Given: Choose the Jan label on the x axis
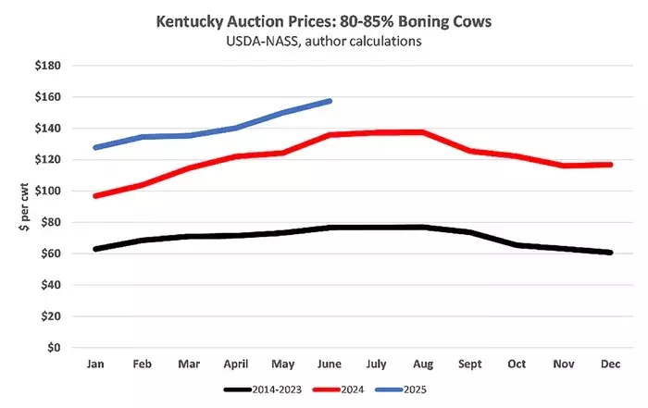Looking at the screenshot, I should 95,365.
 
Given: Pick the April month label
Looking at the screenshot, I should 235,365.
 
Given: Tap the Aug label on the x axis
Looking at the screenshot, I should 423,365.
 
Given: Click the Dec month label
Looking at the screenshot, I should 610,365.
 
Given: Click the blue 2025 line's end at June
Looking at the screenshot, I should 330,101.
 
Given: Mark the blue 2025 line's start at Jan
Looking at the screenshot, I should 95,147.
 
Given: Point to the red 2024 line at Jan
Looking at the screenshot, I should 95,196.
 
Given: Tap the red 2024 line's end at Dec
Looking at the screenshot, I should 610,165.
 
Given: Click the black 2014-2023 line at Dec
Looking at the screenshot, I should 610,252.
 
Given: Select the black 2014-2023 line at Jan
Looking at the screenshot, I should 95,249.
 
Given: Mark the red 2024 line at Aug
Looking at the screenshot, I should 423,132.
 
